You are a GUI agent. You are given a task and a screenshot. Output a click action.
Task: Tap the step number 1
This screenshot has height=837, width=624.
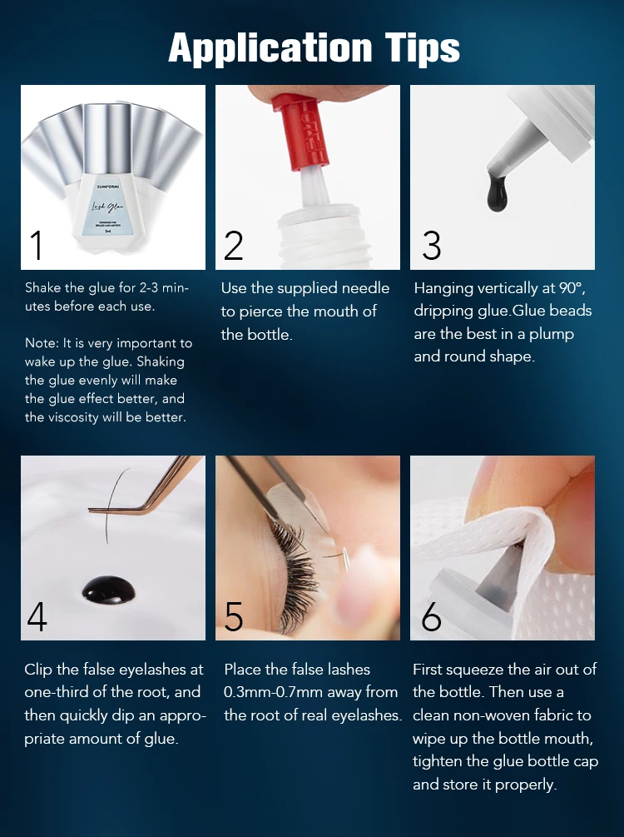[x=36, y=246]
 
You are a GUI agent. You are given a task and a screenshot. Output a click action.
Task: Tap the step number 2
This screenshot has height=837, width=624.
[x=233, y=246]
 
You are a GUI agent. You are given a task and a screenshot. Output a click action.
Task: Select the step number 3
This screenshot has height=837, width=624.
[x=431, y=246]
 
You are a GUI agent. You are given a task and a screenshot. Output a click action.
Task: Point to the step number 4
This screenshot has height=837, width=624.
[x=37, y=616]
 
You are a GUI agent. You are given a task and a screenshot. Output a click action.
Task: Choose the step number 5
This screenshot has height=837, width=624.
[x=234, y=616]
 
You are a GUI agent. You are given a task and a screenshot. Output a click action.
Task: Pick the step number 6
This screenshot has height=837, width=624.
[x=431, y=616]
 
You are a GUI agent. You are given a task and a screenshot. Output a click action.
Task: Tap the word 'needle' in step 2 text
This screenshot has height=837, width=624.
[x=365, y=288]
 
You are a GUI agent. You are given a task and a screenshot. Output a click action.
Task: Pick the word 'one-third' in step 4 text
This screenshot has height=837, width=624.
[x=56, y=692]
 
